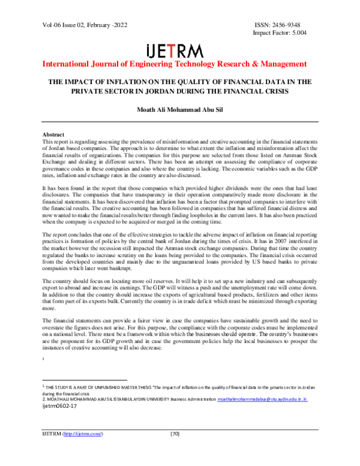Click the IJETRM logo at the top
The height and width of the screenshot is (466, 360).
pos(175,50)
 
